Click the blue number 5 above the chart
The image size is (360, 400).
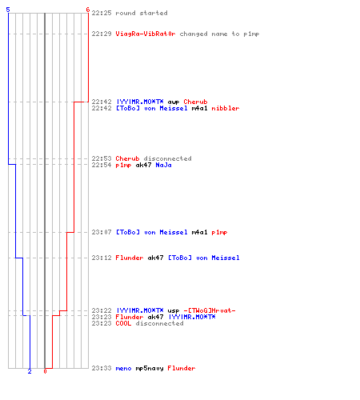[8, 10]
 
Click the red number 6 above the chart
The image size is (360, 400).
[88, 10]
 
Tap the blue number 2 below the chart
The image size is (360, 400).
[30, 371]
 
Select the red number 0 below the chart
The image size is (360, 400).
[45, 371]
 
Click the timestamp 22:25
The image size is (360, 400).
[102, 13]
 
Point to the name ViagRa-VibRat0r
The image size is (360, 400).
[146, 34]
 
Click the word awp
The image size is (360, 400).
[174, 102]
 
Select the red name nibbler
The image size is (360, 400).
[226, 108]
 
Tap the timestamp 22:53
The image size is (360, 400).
[102, 158]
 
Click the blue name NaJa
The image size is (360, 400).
[163, 165]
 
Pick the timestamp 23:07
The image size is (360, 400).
[102, 232]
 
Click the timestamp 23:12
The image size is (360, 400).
[102, 258]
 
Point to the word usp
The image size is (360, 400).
[174, 311]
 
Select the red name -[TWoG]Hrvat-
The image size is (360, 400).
[210, 310]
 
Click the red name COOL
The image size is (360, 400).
[123, 323]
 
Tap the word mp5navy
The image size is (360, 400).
[150, 369]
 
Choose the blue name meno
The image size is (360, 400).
[123, 369]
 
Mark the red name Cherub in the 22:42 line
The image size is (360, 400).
[195, 102]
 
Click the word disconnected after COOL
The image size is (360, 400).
[159, 323]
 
